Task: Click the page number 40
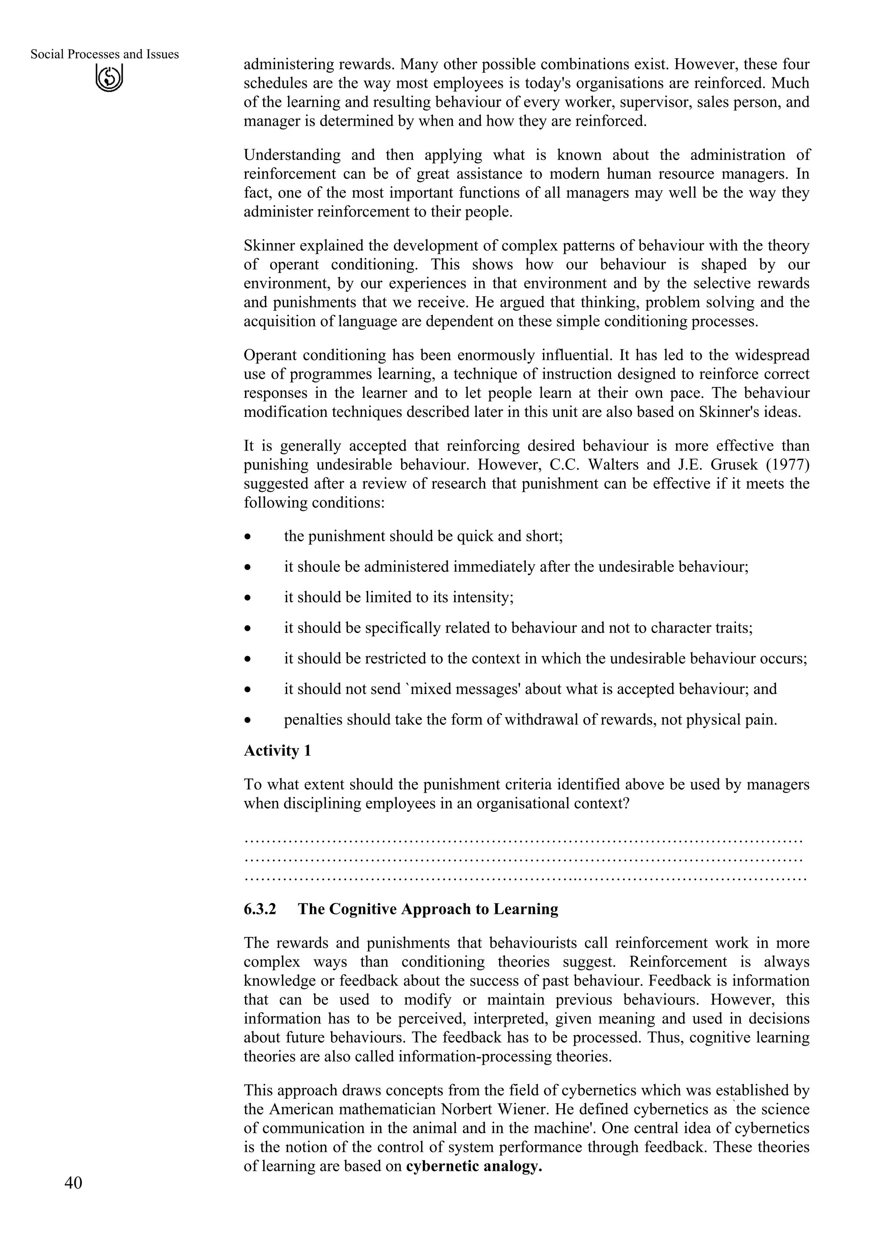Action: [73, 1183]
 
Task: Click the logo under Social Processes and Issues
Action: [109, 78]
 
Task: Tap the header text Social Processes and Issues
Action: [104, 54]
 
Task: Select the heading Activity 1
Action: [277, 751]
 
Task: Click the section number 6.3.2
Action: [260, 909]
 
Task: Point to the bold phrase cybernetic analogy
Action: [474, 1166]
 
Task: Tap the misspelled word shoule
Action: [319, 567]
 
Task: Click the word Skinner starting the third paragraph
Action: [269, 246]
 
